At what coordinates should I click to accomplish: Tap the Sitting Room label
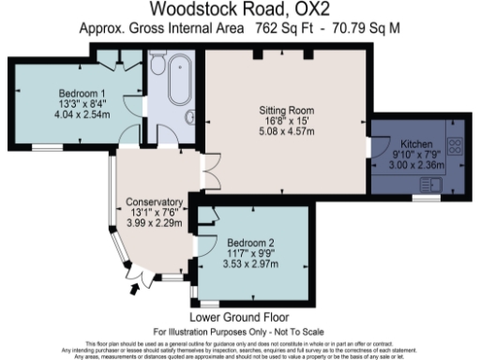pos(287,110)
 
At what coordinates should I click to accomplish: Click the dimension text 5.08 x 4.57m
pos(287,132)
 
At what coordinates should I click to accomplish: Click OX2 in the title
pos(315,10)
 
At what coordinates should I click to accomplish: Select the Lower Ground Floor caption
pos(239,317)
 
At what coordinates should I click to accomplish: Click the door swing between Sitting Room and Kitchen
pos(378,148)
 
